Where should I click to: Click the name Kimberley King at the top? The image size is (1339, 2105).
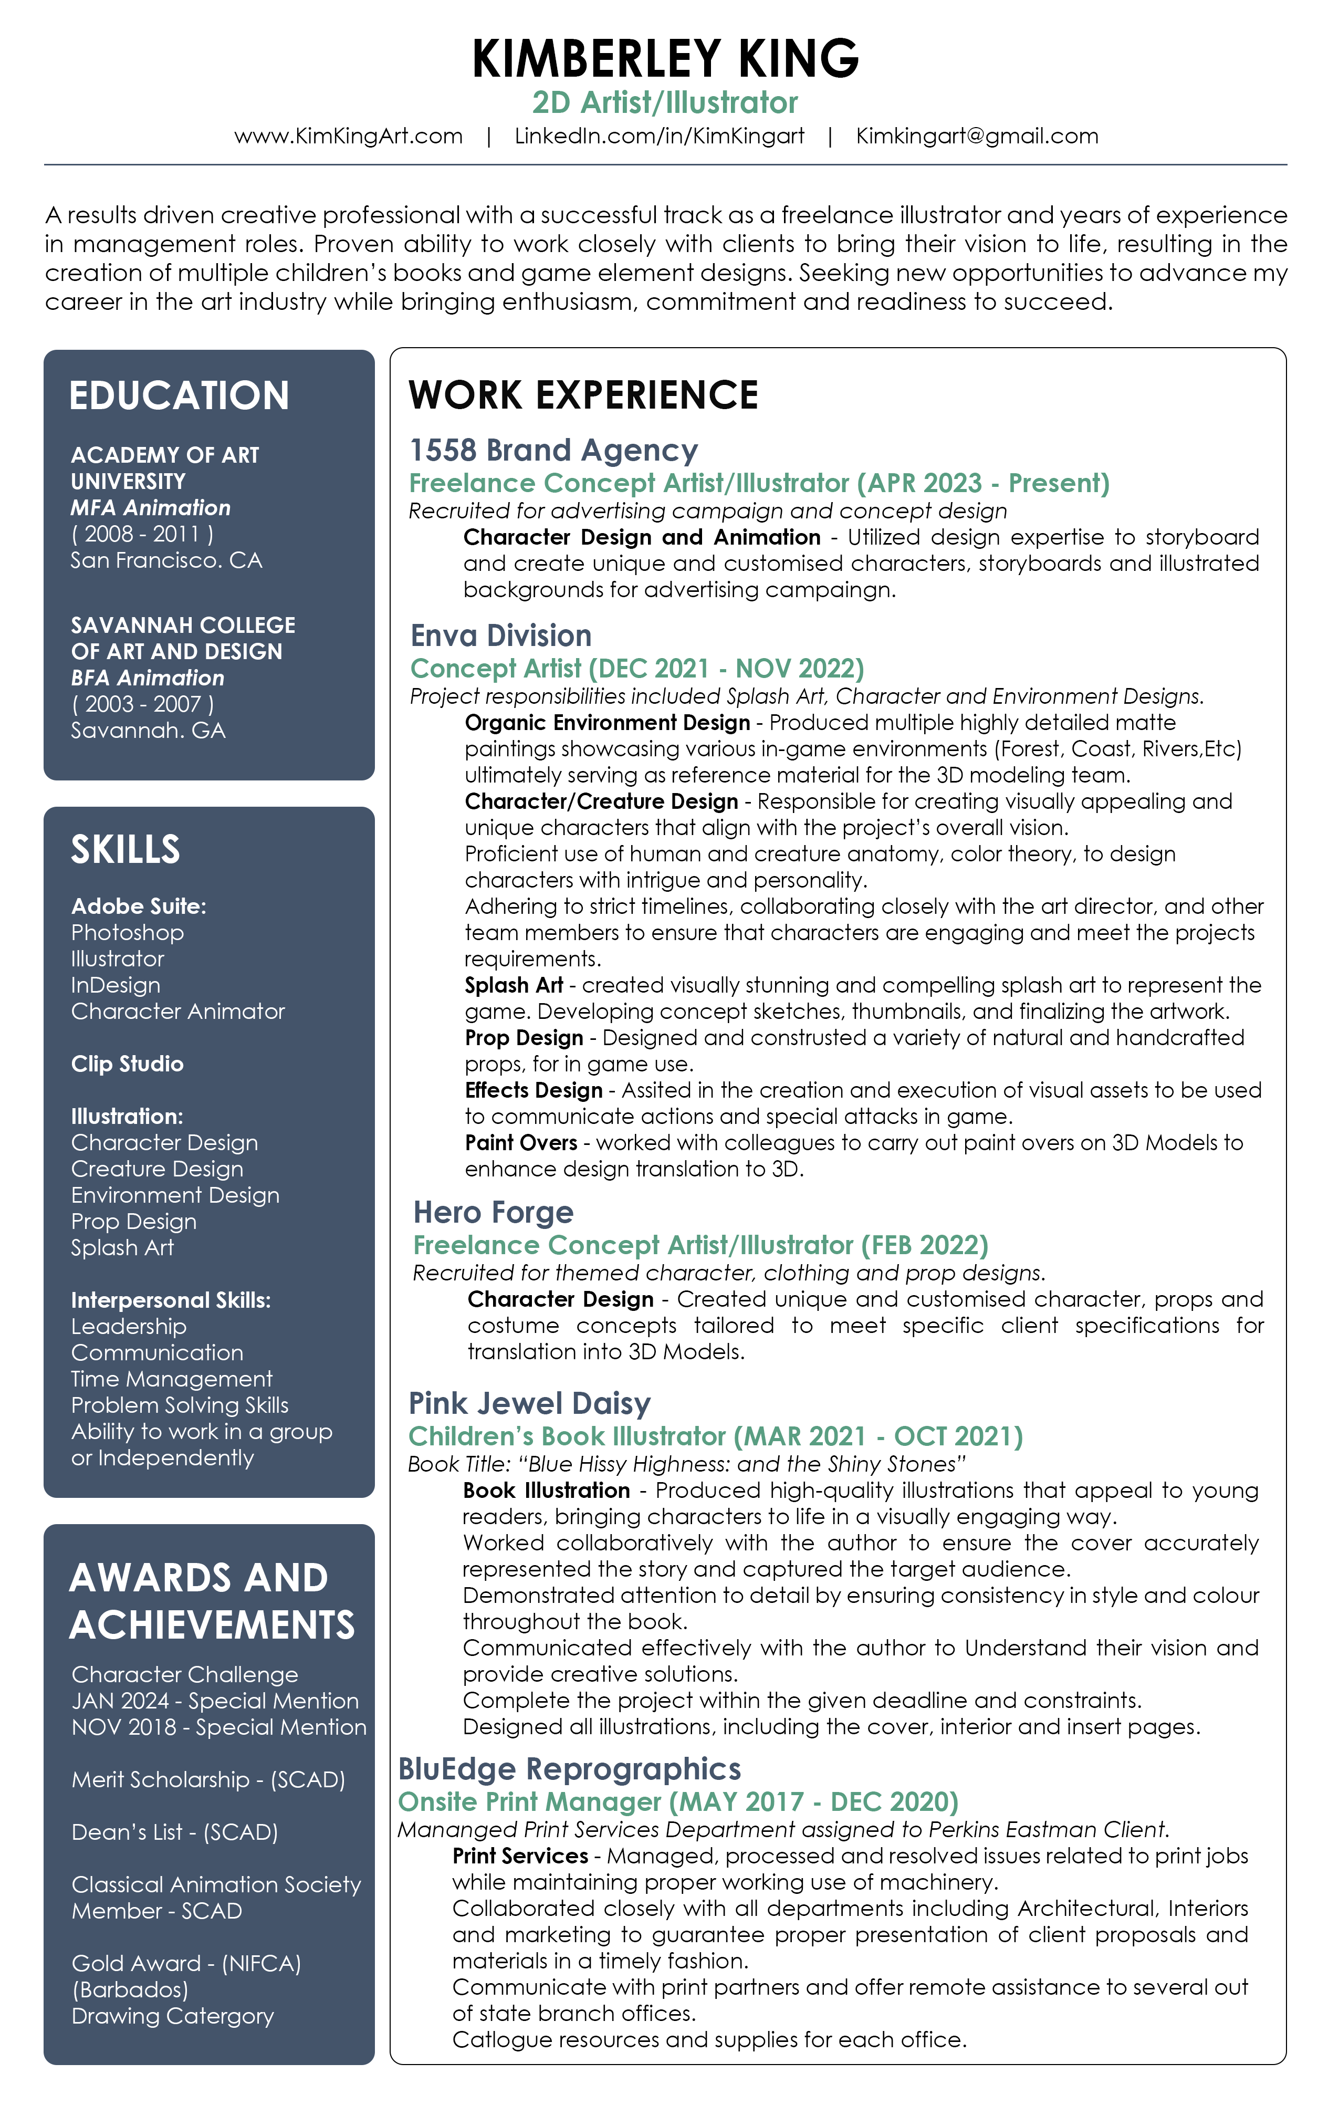(665, 59)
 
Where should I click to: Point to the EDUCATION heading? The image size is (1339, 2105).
(179, 396)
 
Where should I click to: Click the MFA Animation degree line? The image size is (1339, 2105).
(150, 508)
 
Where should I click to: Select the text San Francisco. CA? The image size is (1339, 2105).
(166, 560)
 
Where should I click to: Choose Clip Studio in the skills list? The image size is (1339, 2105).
(128, 1064)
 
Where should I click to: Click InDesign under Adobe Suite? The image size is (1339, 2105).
(116, 985)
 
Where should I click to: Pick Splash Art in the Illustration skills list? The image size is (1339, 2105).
(122, 1247)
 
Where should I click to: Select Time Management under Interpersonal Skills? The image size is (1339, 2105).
(171, 1379)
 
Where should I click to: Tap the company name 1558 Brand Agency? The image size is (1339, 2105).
(553, 450)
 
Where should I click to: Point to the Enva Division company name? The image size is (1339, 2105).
(501, 635)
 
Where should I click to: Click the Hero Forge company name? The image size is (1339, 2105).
(493, 1213)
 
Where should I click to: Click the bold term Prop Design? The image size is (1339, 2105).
(524, 1038)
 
